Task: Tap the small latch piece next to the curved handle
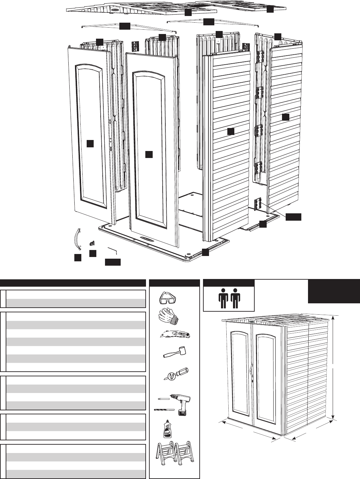click(x=92, y=243)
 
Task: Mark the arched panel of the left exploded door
click(x=89, y=133)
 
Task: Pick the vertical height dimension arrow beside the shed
click(x=333, y=367)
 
